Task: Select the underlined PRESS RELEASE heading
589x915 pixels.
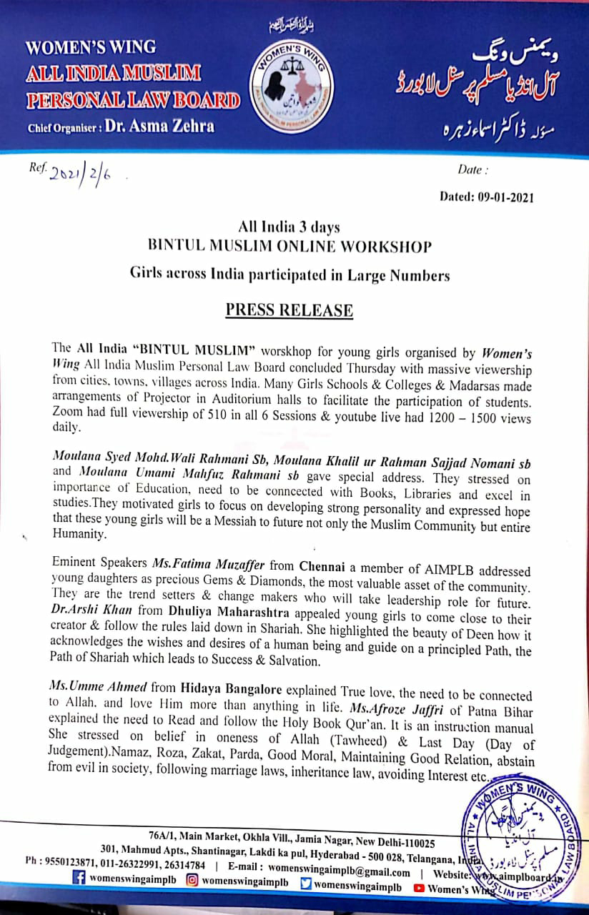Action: [x=289, y=310]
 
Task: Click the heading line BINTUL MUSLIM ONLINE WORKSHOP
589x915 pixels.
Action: [x=289, y=247]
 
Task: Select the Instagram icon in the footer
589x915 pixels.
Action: [x=192, y=887]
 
